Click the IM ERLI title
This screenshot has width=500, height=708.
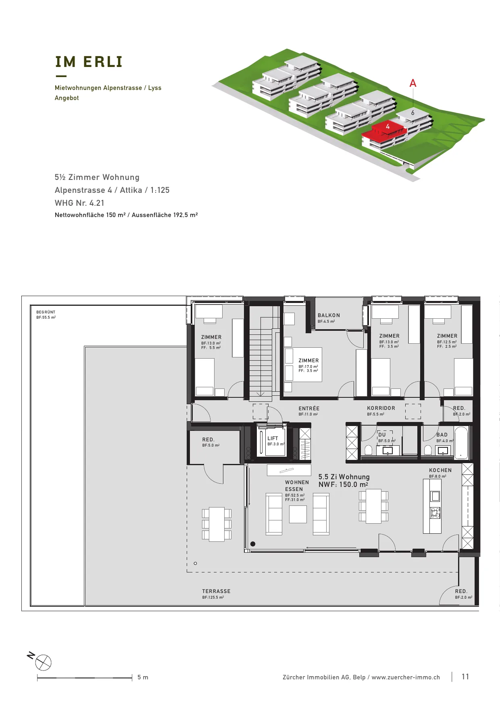[x=89, y=62]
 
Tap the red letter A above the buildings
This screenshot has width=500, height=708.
[x=413, y=83]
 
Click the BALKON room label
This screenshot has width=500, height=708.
[x=329, y=315]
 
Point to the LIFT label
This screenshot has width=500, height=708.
[x=273, y=439]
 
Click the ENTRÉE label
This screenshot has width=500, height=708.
[x=309, y=409]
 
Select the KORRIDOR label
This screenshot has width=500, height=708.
[x=381, y=408]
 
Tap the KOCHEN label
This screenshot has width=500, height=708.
[x=440, y=470]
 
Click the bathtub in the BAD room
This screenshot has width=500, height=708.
[x=461, y=443]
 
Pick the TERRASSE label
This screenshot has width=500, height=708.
[x=216, y=591]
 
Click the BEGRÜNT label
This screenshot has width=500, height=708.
[x=46, y=312]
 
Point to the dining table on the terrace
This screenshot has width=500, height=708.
[x=217, y=524]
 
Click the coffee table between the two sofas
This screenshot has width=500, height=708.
[x=298, y=514]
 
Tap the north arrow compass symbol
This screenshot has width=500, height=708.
[x=43, y=662]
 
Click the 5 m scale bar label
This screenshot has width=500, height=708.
[x=143, y=677]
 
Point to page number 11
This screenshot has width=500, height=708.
[x=465, y=677]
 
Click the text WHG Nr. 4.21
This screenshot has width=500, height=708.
[x=79, y=203]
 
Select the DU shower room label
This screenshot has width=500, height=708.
[x=382, y=435]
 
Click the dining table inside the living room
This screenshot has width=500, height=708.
[x=373, y=506]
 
